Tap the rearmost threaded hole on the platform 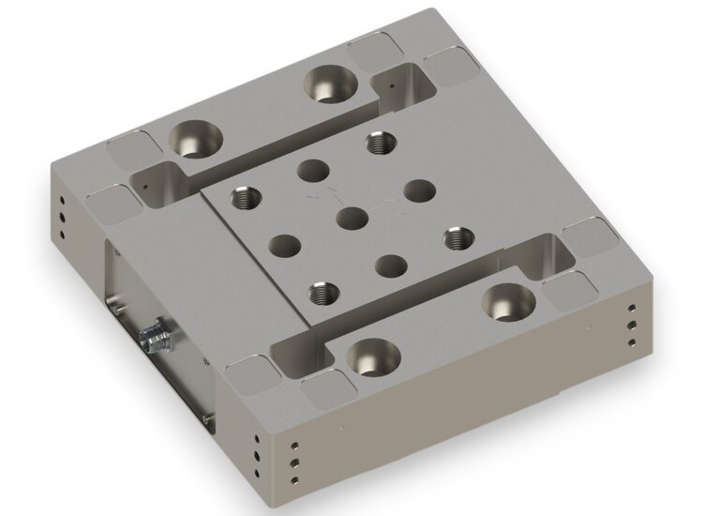(x=379, y=143)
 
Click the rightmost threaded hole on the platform (x=457, y=238)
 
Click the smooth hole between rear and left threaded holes (x=310, y=171)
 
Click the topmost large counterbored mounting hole (x=328, y=85)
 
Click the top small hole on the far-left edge (x=61, y=199)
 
